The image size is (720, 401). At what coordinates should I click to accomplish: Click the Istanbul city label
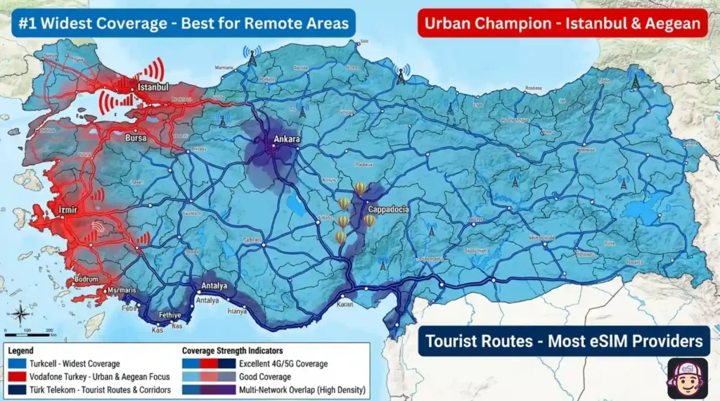(x=153, y=87)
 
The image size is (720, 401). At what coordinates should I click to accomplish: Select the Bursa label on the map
(x=136, y=139)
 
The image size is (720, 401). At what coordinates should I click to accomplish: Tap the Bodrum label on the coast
(x=86, y=279)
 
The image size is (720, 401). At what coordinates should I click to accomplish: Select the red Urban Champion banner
(x=562, y=23)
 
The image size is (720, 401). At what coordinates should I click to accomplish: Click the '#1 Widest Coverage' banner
(x=183, y=23)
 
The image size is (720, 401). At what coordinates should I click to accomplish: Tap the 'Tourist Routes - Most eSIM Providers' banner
(x=564, y=341)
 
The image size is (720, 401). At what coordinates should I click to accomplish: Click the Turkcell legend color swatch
(x=16, y=364)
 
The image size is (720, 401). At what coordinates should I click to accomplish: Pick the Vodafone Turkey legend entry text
(x=100, y=377)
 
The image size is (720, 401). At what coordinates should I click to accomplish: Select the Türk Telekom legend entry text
(x=100, y=390)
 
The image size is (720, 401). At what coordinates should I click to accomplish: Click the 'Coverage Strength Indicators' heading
(x=232, y=351)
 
